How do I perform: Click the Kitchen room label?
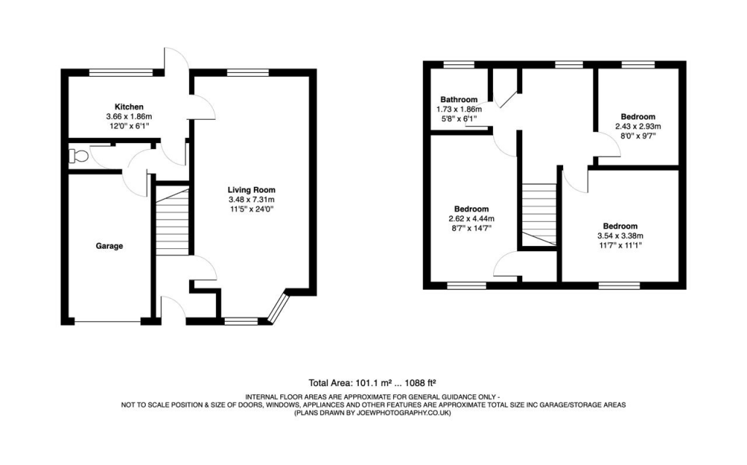[128, 107]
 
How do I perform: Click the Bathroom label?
[459, 99]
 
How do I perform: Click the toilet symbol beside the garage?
[77, 155]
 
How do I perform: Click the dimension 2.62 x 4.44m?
[471, 218]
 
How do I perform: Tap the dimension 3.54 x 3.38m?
[619, 236]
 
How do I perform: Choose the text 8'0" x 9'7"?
[638, 135]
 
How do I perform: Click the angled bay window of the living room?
[277, 308]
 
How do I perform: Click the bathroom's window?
[458, 65]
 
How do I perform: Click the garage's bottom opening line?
[108, 321]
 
